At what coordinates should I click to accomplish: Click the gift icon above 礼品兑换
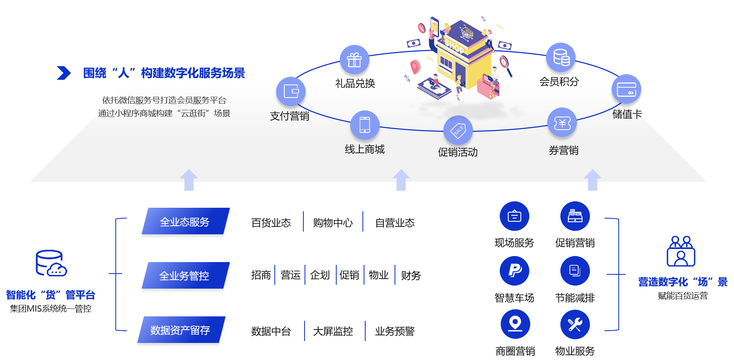point(354,59)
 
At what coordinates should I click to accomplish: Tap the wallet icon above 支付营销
point(291,91)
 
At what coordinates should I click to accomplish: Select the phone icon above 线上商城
point(364,124)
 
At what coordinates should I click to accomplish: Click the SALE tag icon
point(458,130)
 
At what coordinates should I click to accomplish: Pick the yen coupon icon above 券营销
point(562,123)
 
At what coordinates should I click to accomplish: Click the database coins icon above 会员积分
point(561,57)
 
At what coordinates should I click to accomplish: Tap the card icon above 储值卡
point(626,89)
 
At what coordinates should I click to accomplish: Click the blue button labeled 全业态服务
point(185,221)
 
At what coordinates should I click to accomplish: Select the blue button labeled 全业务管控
point(185,275)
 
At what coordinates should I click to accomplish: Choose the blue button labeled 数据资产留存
point(181,329)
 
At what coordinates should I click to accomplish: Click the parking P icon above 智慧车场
point(515,271)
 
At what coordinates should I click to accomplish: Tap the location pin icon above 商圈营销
point(515,324)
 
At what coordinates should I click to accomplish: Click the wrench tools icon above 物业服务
point(575,324)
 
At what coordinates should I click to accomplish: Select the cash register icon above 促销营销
point(575,216)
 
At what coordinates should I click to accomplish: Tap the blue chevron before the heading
point(63,73)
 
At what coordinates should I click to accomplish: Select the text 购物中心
point(333,223)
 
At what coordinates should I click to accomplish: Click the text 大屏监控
point(333,331)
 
